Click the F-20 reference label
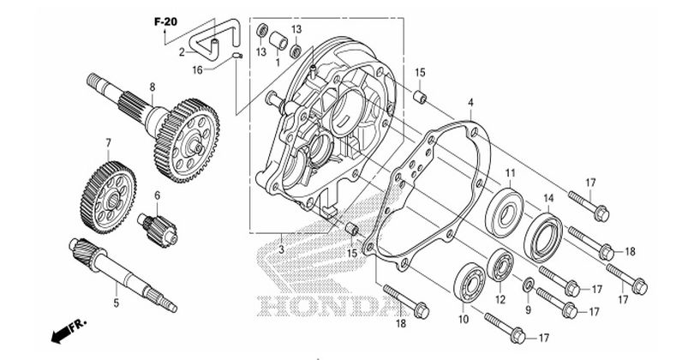pos(165,21)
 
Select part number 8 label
pos(152,87)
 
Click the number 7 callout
pos(109,141)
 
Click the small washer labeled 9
pos(529,285)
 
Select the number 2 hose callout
pos(182,51)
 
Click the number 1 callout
pos(278,62)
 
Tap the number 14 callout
pos(549,199)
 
